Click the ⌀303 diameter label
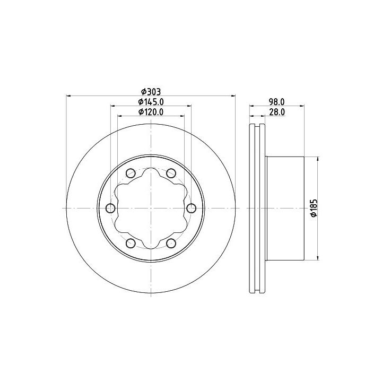click(151, 92)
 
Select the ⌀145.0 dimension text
click(151, 101)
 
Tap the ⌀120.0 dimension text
click(151, 112)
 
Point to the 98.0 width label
click(277, 101)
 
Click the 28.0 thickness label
click(277, 112)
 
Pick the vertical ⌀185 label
click(314, 208)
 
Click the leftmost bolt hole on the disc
click(110, 208)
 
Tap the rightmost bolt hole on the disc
click(191, 208)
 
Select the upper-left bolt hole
click(131, 173)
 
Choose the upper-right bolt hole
click(171, 173)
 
